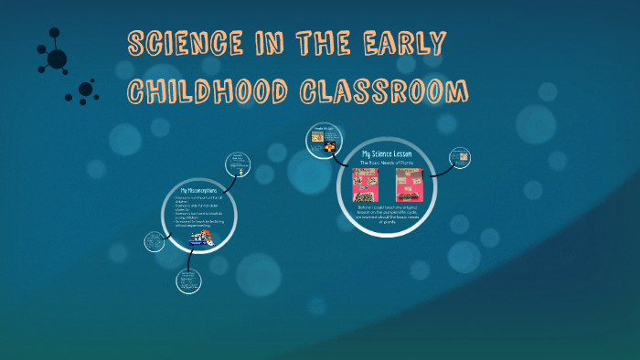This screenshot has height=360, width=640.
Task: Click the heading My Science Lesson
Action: pos(387,154)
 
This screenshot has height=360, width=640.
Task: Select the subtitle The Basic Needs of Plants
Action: pos(387,163)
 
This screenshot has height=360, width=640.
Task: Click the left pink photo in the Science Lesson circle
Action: pos(366,185)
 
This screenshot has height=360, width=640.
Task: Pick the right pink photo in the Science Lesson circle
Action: pos(408,185)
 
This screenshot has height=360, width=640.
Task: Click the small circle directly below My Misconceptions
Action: pos(188,281)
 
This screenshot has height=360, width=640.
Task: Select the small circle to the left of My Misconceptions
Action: pos(155,242)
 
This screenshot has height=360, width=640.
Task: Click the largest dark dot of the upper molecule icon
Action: pos(57,59)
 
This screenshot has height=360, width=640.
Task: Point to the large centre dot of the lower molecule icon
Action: pos(85,90)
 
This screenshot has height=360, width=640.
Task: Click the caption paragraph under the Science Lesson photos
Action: pos(387,215)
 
